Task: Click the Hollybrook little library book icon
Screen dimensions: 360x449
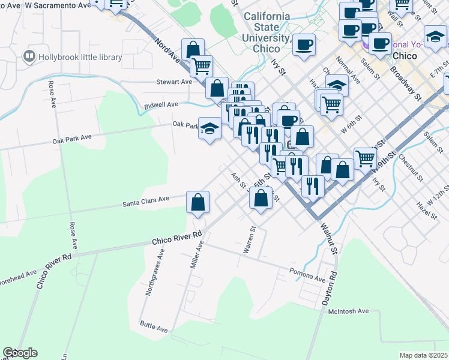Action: pyautogui.click(x=28, y=57)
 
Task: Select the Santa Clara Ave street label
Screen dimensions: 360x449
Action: pyautogui.click(x=146, y=203)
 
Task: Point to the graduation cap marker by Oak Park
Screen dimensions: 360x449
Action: pyautogui.click(x=209, y=128)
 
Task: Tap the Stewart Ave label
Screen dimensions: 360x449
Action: pyautogui.click(x=173, y=82)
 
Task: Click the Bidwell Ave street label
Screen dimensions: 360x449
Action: pyautogui.click(x=161, y=104)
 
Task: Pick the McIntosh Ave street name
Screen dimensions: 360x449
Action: pyautogui.click(x=348, y=311)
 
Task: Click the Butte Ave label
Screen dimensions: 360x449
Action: pyautogui.click(x=154, y=329)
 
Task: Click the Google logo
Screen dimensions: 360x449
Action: pyautogui.click(x=19, y=353)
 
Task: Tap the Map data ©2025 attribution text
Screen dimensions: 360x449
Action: pyautogui.click(x=423, y=355)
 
